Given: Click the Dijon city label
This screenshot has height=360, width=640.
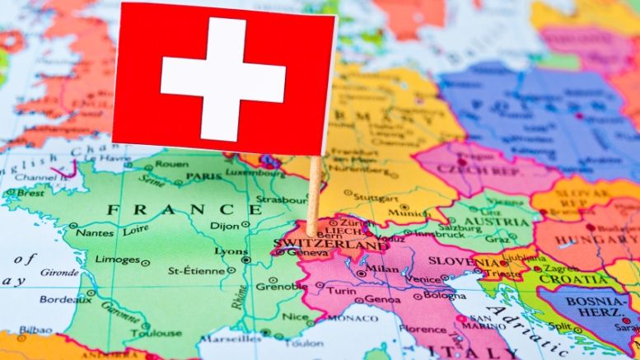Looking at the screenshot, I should click(224, 225).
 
